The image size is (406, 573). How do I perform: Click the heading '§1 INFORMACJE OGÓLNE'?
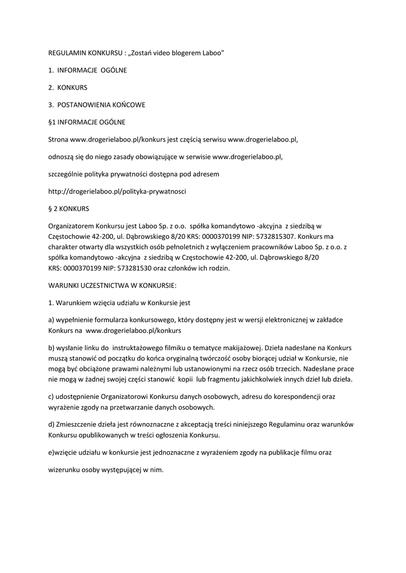click(87, 122)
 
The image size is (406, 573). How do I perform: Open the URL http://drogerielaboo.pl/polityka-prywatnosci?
click(117, 191)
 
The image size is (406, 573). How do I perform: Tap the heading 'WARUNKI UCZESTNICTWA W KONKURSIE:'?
click(112, 285)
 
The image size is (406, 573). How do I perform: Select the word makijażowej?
click(240, 347)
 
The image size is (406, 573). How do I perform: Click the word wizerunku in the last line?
click(63, 470)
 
